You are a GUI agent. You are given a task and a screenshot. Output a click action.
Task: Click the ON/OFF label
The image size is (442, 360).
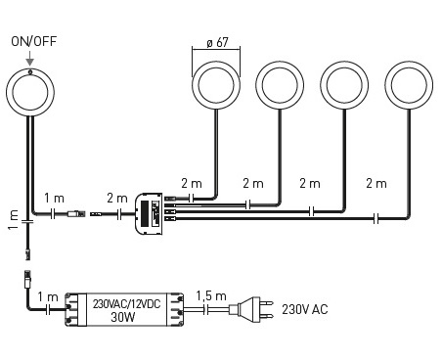click(34, 41)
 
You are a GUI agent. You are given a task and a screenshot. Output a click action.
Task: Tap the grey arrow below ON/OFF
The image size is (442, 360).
click(29, 58)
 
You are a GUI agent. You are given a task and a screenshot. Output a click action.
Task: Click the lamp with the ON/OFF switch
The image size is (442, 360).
click(30, 92)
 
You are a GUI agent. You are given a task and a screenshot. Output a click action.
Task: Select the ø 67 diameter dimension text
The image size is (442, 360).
click(217, 43)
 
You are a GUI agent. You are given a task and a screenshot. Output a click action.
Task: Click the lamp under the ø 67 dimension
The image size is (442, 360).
click(216, 85)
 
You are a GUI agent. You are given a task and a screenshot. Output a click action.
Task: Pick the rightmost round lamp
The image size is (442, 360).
click(409, 85)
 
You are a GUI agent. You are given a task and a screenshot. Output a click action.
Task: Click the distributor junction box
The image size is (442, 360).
click(150, 213)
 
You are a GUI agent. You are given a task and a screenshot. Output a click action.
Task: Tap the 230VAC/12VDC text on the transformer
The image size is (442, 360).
click(127, 304)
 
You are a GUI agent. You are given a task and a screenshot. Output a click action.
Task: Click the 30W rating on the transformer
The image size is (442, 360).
click(123, 317)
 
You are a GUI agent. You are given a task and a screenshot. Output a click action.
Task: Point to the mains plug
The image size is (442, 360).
click(250, 308)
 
